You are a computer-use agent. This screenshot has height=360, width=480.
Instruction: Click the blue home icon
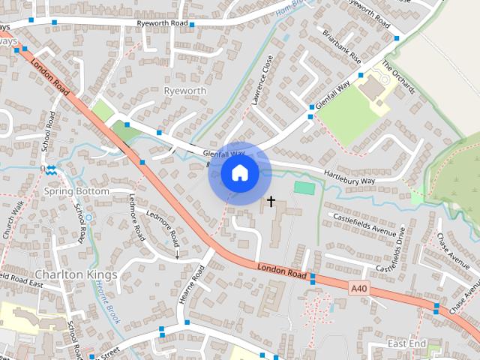[x=239, y=173]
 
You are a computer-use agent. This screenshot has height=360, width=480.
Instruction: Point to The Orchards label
[x=398, y=76]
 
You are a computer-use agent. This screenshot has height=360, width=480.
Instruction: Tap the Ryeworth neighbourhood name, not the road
[x=184, y=91]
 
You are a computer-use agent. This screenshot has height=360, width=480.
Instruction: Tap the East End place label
[x=406, y=343]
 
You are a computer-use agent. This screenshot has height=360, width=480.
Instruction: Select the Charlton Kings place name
[x=76, y=274]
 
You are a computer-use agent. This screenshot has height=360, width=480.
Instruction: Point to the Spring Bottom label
[x=76, y=191]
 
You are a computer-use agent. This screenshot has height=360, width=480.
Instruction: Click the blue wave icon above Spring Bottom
[x=50, y=170]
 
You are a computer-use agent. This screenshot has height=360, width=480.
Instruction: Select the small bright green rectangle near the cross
[x=304, y=187]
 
